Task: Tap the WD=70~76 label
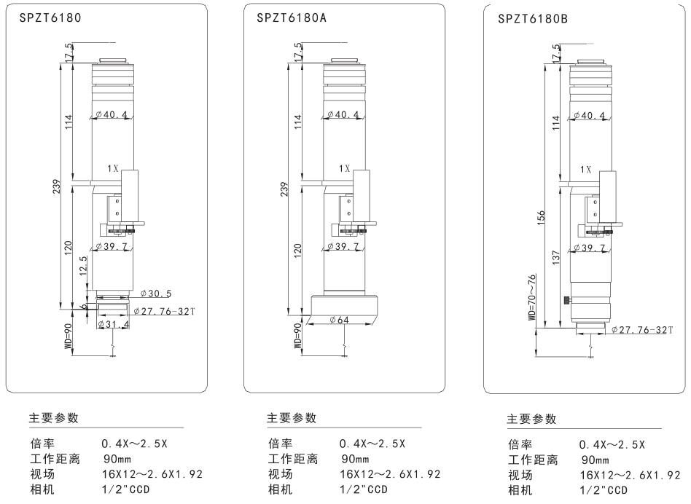[532, 297]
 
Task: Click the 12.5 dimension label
[83, 264]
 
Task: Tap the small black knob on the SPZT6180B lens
[566, 300]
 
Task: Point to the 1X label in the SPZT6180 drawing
[112, 168]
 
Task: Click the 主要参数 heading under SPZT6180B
[531, 420]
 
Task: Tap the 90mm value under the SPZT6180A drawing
[355, 460]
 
